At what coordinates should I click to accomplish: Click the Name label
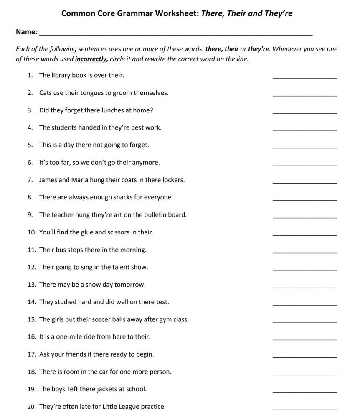[x=26, y=32]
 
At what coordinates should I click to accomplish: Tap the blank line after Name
[x=175, y=33]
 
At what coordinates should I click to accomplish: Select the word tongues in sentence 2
[x=92, y=93]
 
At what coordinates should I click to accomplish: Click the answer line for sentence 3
[x=304, y=113]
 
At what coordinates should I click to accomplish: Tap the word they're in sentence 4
[x=120, y=127]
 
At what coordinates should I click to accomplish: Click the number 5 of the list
[x=30, y=145]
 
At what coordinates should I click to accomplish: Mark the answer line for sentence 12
[x=304, y=270]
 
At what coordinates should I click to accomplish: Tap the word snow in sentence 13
[x=93, y=285]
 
